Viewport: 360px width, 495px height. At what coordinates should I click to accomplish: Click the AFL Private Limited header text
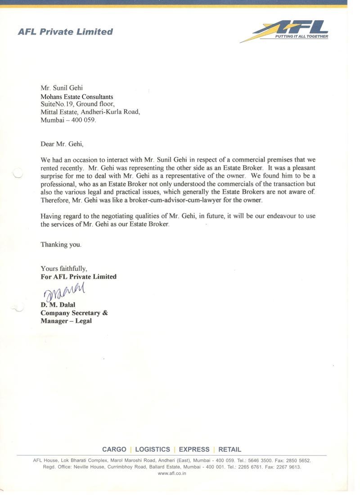(x=65, y=32)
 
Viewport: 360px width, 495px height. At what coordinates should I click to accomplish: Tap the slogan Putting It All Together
(x=301, y=36)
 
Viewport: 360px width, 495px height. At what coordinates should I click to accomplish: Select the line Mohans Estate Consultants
(x=77, y=96)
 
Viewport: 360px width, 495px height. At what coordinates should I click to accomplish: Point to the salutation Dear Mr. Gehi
(x=62, y=144)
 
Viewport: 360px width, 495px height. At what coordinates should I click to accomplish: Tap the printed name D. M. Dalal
(x=58, y=305)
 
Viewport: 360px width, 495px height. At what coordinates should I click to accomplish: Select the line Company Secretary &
(x=74, y=313)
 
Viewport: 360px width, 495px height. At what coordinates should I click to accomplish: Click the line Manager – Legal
(x=66, y=321)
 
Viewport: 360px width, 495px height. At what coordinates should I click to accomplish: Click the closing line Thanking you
(x=61, y=245)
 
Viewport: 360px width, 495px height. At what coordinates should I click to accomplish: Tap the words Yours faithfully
(x=64, y=269)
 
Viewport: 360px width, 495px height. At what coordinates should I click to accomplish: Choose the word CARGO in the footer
(x=114, y=449)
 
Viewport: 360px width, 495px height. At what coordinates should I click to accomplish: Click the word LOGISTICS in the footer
(x=153, y=449)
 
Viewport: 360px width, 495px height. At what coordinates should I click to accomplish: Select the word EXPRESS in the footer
(x=194, y=449)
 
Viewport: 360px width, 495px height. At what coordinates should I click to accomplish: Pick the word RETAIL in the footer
(x=230, y=449)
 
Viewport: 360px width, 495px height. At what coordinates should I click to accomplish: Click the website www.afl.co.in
(x=172, y=473)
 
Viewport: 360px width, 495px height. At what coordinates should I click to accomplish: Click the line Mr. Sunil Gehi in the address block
(x=62, y=88)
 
